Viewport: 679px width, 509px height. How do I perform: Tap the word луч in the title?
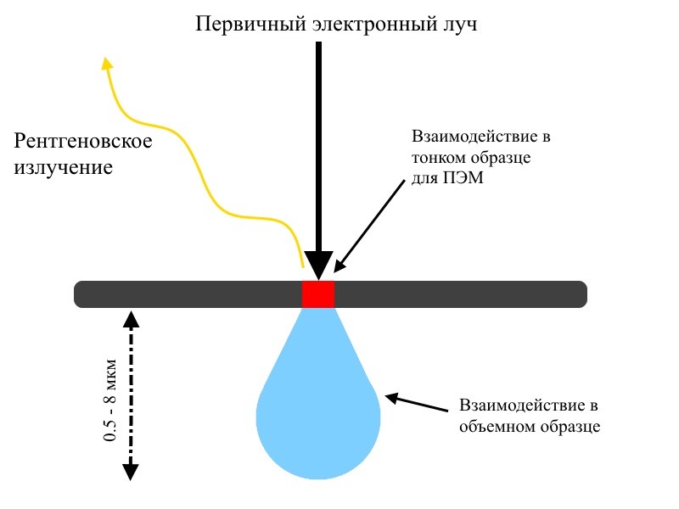coord(459,23)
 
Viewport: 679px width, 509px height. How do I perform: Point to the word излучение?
coord(63,167)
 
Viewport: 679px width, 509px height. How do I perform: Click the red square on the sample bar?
coord(318,294)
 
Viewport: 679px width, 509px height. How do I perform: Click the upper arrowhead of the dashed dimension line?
coord(130,317)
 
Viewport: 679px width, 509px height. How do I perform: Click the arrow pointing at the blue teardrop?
coord(416,403)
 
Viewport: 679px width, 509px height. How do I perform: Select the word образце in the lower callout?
coord(570,426)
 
